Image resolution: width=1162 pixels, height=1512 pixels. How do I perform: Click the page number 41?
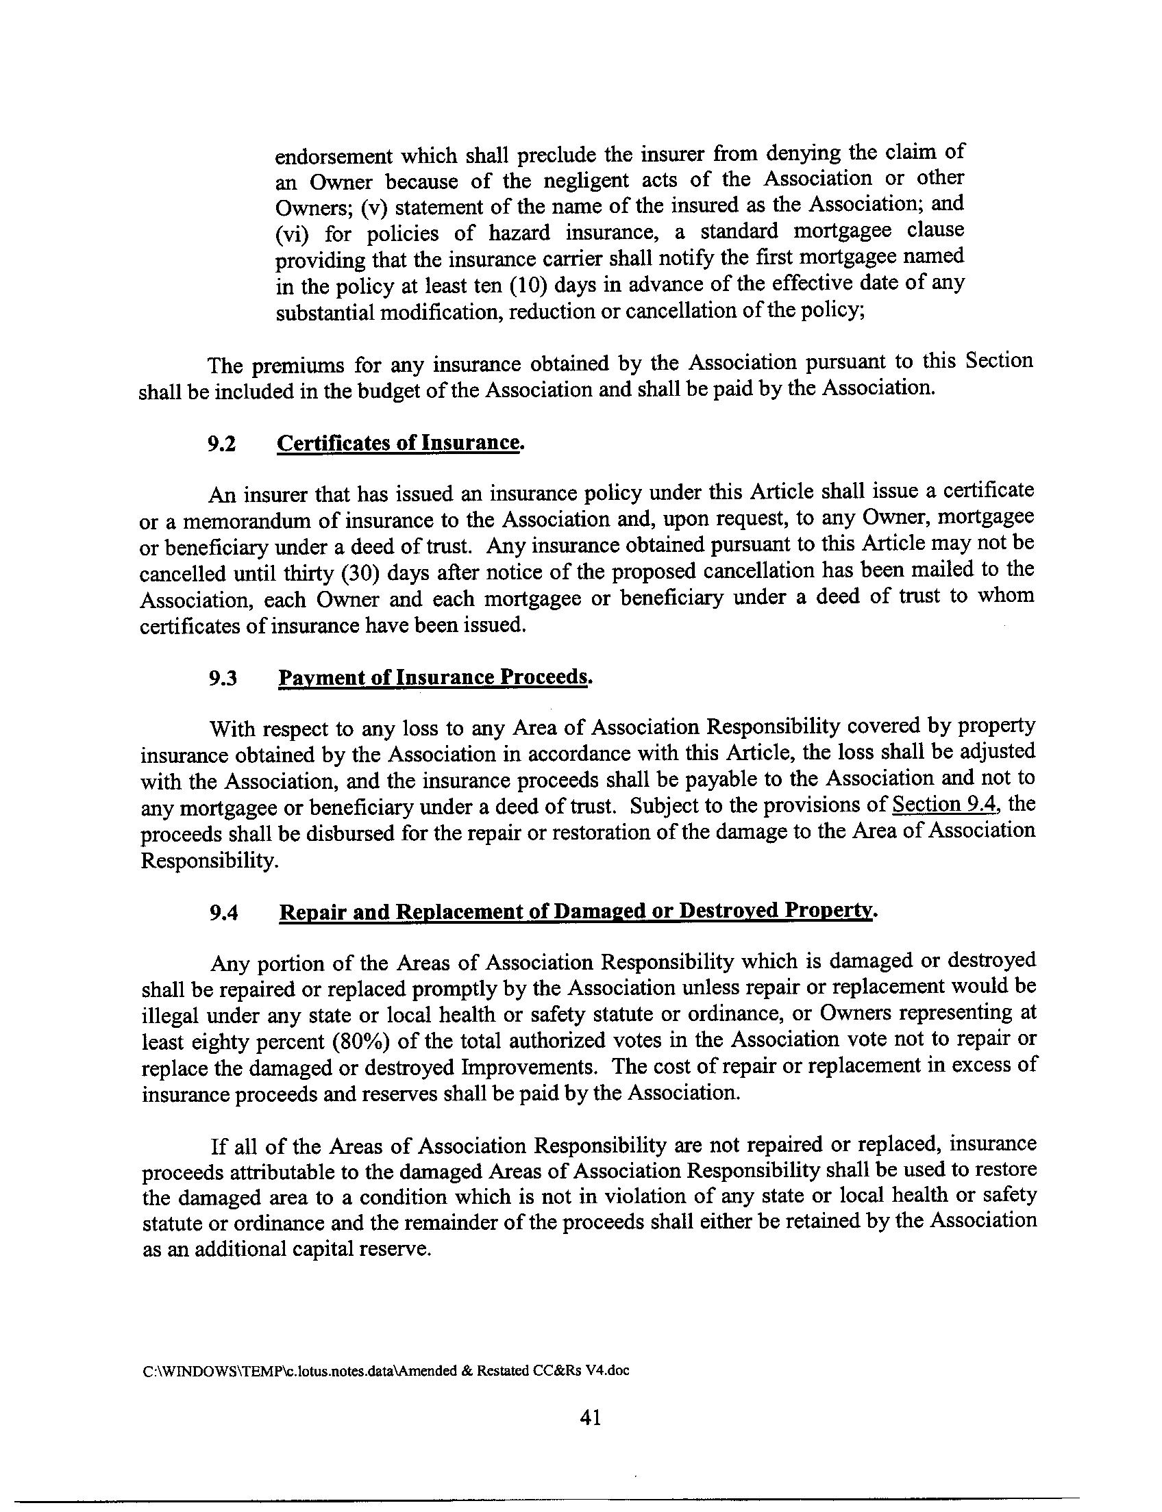(590, 1418)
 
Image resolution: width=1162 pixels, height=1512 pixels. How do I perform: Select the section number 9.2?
(222, 444)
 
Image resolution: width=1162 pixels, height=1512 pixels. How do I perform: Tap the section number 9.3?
(223, 679)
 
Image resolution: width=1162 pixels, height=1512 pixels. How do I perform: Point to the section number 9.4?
(223, 914)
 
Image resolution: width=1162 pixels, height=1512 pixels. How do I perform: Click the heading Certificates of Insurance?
(397, 443)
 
